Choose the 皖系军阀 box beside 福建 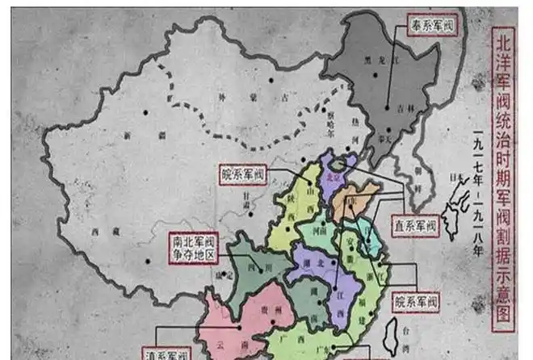coord(415,303)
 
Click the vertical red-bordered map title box coord(502,178)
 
